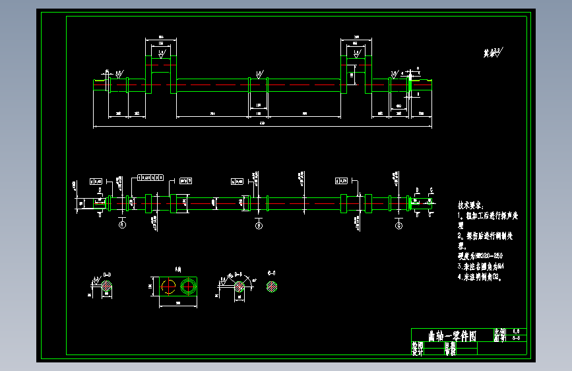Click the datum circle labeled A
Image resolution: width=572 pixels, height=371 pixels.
point(122,225)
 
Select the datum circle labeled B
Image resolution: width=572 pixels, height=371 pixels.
point(259,225)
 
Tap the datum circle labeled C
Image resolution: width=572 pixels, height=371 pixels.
point(398,225)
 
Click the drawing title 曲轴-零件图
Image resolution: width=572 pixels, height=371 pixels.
point(452,336)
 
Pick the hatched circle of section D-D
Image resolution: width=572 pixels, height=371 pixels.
point(106,288)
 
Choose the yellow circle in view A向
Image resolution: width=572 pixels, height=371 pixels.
point(168,288)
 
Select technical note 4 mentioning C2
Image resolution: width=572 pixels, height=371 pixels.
point(483,277)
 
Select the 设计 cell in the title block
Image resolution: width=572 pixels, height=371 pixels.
point(416,353)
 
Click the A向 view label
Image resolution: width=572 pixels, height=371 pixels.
point(178,269)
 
